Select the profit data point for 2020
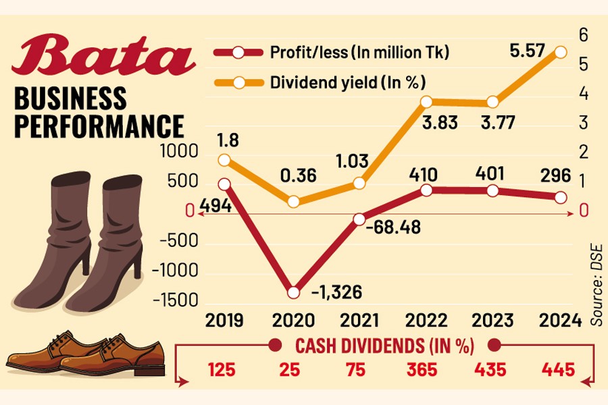coord(293,292)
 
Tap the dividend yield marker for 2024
coord(561,52)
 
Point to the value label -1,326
coord(337,292)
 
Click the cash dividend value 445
coord(559,371)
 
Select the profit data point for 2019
coord(225,184)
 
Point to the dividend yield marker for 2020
coord(293,201)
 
